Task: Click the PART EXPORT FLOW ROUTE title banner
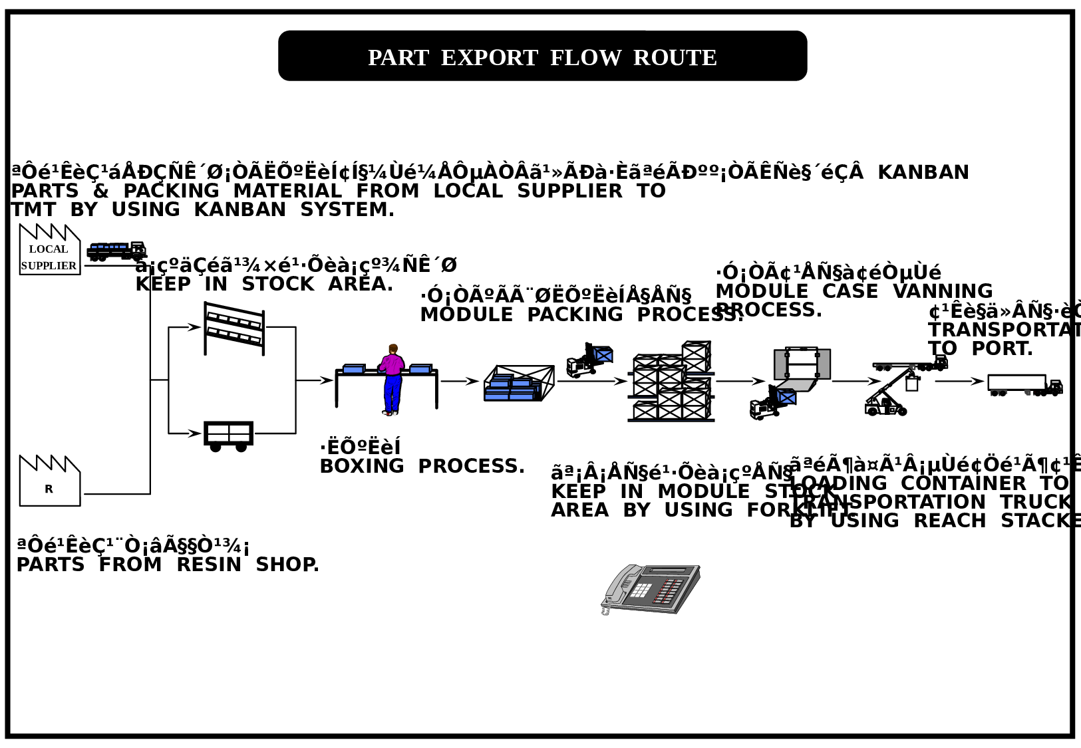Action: pyautogui.click(x=542, y=57)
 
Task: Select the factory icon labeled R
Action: pyautogui.click(x=49, y=482)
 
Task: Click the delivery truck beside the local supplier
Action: pyautogui.click(x=116, y=251)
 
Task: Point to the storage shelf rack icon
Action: pyautogui.click(x=234, y=328)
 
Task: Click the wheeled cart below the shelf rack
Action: pyautogui.click(x=228, y=436)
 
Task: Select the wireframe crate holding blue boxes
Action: pyautogui.click(x=519, y=384)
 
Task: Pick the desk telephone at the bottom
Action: pyautogui.click(x=651, y=589)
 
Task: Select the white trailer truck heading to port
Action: pyautogui.click(x=1024, y=385)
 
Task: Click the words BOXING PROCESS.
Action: pyautogui.click(x=422, y=466)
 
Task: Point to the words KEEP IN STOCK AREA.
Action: pyautogui.click(x=264, y=284)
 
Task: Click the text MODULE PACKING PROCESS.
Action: pyautogui.click(x=580, y=314)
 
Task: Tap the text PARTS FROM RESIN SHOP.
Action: pyautogui.click(x=168, y=564)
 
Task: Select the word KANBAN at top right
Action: pyautogui.click(x=923, y=172)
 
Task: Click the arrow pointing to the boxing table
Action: pyautogui.click(x=324, y=380)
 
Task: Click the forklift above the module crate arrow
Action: pyautogui.click(x=589, y=361)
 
